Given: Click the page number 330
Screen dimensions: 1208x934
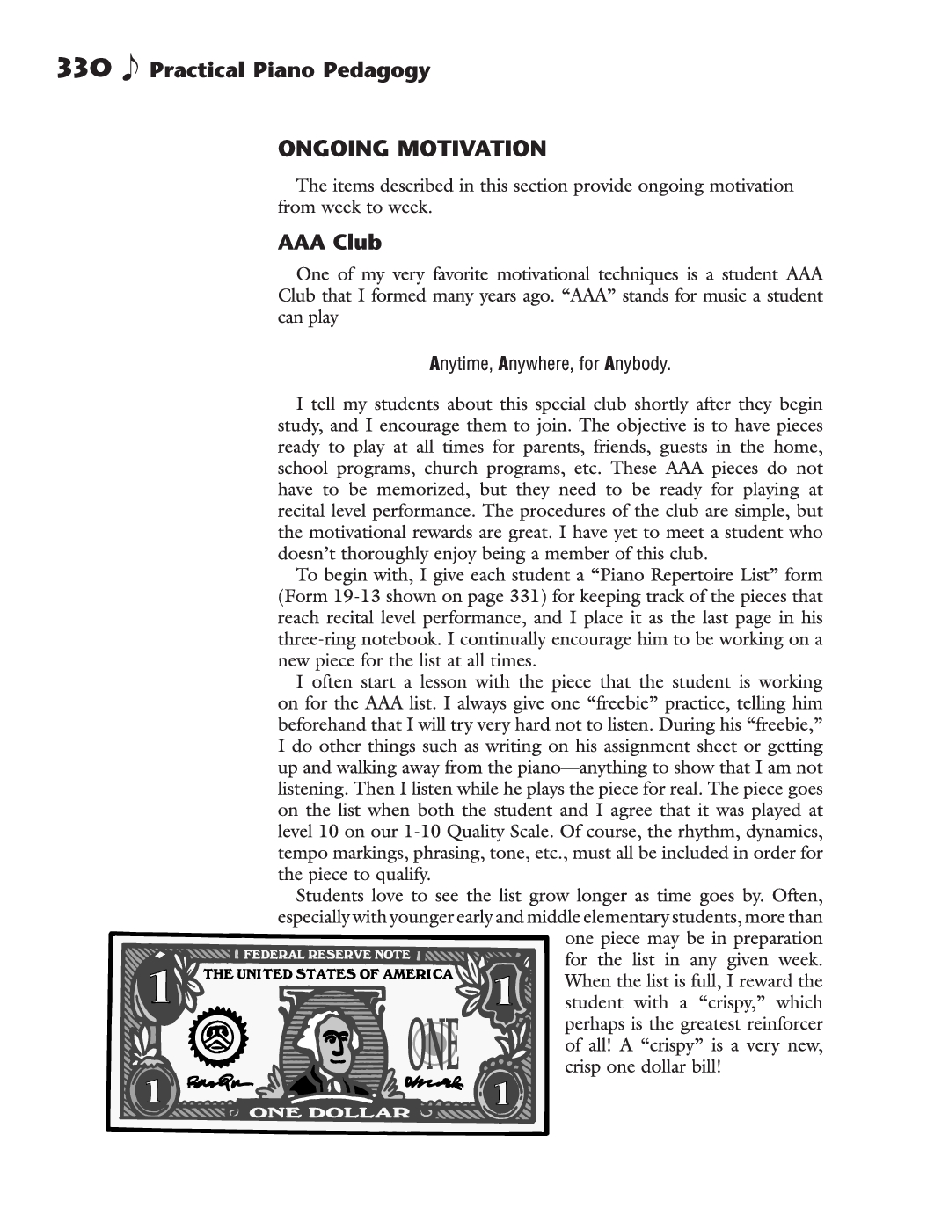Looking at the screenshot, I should [x=83, y=68].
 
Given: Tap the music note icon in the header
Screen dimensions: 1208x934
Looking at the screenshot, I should [x=129, y=68].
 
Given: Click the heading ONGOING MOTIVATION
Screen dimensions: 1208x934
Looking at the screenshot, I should [x=412, y=149].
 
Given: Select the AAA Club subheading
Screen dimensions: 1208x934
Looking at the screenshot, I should [x=330, y=242].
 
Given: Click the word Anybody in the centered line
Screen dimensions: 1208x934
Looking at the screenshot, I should [x=637, y=363].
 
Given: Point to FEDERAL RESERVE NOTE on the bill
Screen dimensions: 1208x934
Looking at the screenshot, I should [x=326, y=954].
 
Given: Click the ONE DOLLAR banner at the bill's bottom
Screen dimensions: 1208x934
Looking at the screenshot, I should [x=331, y=1112].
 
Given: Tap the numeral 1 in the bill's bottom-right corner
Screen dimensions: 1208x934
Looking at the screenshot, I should [x=500, y=1093].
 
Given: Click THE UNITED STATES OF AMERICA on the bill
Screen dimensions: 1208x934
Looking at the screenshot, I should [x=328, y=973].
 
